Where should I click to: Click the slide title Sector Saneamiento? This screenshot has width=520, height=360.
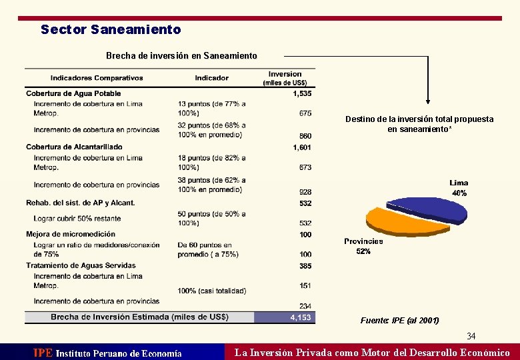click(111, 30)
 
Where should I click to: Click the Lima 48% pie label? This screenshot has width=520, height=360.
click(459, 187)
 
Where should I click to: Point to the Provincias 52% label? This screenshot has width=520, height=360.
click(363, 246)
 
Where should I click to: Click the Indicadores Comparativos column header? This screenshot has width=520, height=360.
click(97, 78)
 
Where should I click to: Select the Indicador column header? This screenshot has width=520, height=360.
click(211, 78)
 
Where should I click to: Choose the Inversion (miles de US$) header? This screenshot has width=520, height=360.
click(285, 78)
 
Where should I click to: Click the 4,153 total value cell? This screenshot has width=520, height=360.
click(301, 317)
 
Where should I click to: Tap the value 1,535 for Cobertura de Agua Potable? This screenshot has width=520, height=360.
click(302, 94)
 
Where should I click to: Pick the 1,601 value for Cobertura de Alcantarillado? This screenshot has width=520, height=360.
click(302, 147)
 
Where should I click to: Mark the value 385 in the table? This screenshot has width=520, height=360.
click(305, 266)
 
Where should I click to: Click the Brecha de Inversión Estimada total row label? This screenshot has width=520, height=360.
click(139, 317)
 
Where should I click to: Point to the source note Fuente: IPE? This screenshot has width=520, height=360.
click(399, 321)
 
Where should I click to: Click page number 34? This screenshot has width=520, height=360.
click(471, 336)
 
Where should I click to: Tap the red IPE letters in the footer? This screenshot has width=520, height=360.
click(43, 353)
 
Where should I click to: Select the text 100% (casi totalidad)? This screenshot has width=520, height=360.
click(212, 291)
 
